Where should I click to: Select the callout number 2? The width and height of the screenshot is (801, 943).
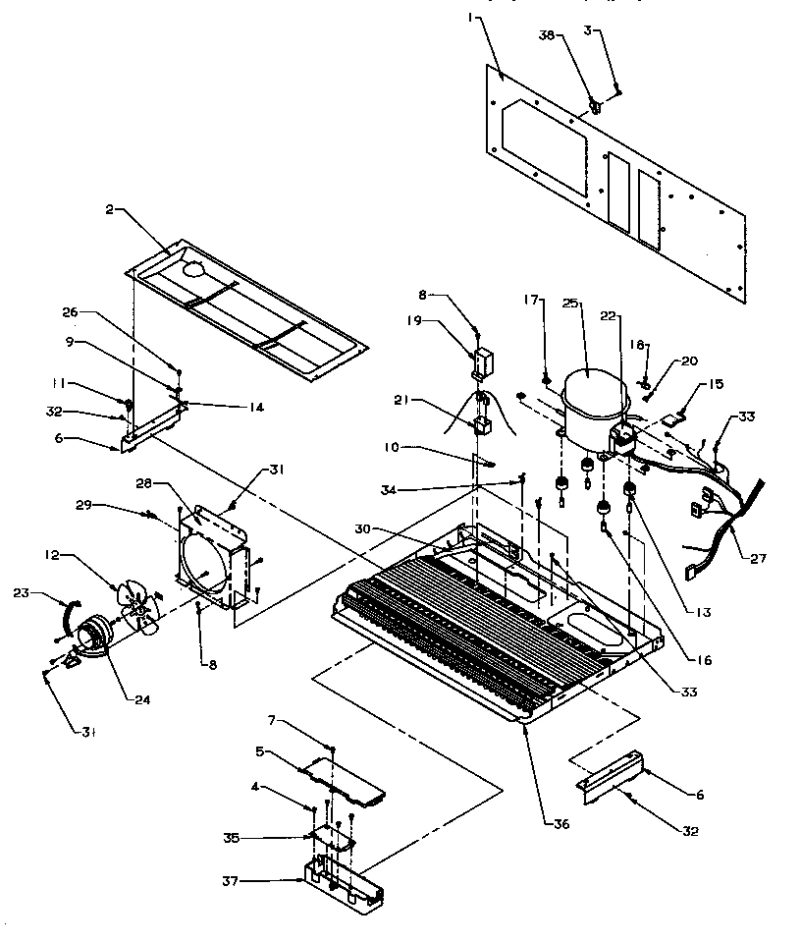click(x=111, y=209)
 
